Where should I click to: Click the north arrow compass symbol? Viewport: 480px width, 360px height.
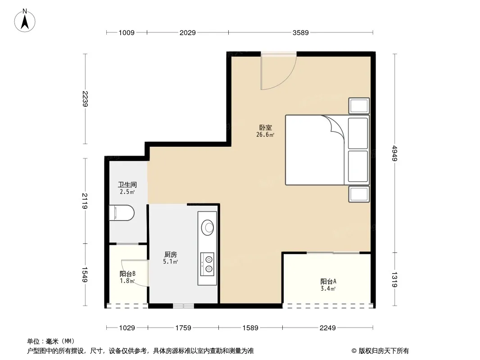[x=25, y=21]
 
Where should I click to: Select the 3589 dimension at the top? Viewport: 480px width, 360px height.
[x=301, y=32]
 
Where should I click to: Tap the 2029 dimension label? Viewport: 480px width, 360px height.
[x=187, y=32]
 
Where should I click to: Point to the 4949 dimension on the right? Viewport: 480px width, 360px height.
[x=394, y=153]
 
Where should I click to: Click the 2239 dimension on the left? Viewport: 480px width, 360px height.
[x=85, y=99]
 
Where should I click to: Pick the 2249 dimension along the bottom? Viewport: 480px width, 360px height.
[x=327, y=328]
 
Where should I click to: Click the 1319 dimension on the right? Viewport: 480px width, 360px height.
[x=394, y=279]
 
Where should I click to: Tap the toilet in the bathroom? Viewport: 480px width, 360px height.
[x=122, y=212]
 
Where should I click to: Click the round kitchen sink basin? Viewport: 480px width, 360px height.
[x=208, y=227]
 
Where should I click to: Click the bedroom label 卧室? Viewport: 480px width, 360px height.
[x=265, y=127]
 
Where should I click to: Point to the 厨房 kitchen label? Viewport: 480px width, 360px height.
[x=171, y=254]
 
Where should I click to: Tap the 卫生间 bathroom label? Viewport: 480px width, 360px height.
[x=127, y=184]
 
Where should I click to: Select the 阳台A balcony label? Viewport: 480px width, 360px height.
[x=328, y=281]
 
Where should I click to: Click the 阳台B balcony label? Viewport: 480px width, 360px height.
[x=127, y=274]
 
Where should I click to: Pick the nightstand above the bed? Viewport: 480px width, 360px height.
[x=359, y=106]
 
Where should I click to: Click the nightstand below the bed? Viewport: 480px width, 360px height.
[x=359, y=194]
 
